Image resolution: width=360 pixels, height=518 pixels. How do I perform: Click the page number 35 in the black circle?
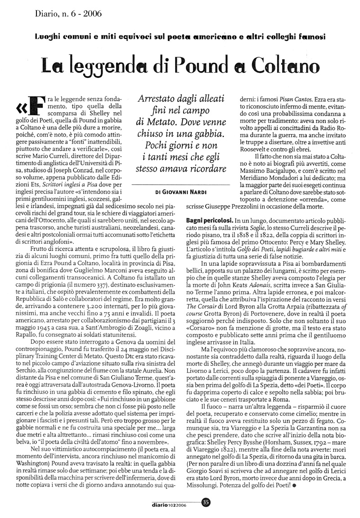pos(206,501)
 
